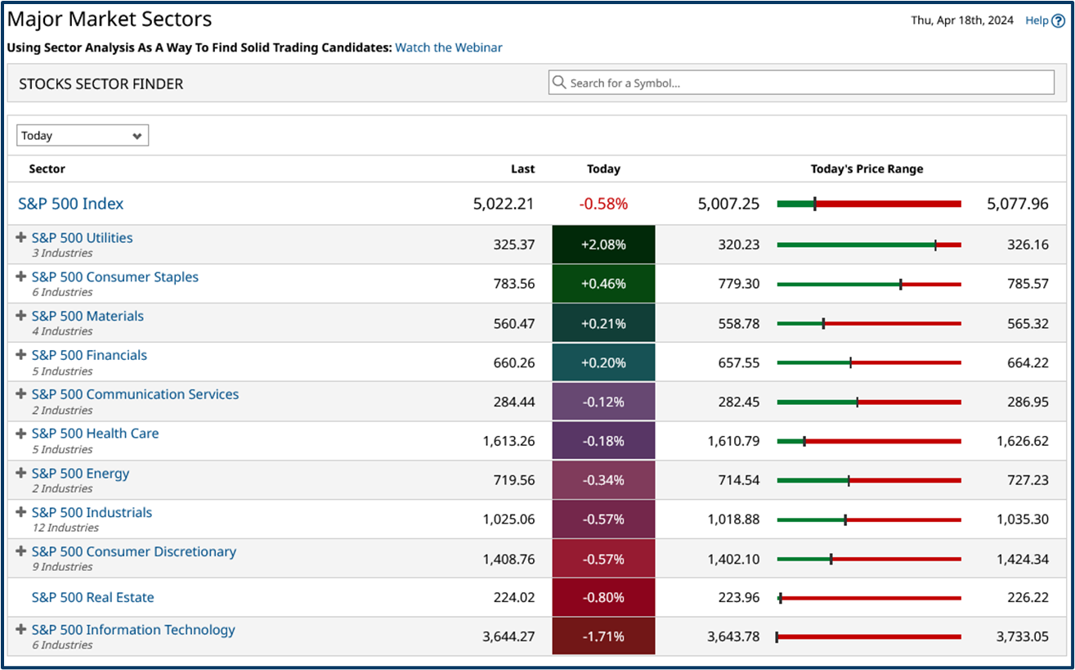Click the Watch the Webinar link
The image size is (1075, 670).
click(448, 47)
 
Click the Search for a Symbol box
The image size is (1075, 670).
click(801, 83)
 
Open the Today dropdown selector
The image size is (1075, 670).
click(83, 136)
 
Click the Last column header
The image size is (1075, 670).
click(522, 169)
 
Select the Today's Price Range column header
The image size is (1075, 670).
click(867, 169)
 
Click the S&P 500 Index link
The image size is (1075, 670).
click(71, 204)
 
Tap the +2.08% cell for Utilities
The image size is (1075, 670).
click(603, 245)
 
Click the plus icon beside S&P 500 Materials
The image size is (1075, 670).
click(21, 316)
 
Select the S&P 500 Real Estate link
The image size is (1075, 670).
click(92, 597)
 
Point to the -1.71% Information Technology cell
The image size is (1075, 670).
click(603, 636)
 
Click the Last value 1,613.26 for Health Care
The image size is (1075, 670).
click(508, 441)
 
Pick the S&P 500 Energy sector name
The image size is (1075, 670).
click(80, 473)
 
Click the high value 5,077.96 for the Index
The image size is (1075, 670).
click(1018, 204)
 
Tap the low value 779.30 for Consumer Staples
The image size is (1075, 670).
click(733, 284)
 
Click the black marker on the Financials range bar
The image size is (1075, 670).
click(850, 362)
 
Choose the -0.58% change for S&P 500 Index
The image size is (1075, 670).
click(603, 204)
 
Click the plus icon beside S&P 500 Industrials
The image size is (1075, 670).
click(21, 512)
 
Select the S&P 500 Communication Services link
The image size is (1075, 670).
click(135, 394)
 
